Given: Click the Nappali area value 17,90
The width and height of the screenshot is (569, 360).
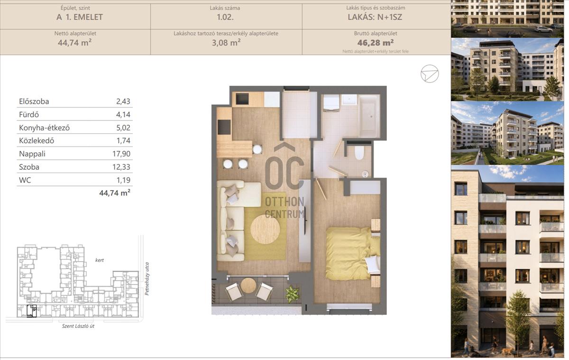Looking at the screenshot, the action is coord(121,154).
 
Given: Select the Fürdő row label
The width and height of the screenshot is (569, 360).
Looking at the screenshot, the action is coord(29,115).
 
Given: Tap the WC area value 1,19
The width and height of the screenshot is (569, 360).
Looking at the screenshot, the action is coord(123,180).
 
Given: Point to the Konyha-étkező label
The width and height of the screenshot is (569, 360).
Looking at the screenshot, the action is coord(44,128).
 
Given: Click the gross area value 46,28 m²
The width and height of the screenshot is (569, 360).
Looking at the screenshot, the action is coord(376,42).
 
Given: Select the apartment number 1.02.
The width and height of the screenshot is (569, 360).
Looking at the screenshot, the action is coord(225,17).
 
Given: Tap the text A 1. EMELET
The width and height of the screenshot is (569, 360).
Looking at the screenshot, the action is coord(80,17).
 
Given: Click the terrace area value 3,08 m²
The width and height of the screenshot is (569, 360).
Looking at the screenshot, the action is coord(226,42).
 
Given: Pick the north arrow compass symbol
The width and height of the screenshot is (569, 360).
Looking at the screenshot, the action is coord(430,74).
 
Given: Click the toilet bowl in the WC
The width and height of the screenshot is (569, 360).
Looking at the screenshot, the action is coord(359,152).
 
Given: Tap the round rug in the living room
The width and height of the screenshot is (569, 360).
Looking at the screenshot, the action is coord(265,230).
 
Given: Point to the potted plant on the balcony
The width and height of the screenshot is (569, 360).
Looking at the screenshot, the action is coord(293,294).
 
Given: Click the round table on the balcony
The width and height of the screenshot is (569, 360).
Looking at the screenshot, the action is coord(248,286).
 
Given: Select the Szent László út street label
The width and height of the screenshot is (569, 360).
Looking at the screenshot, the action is coord(78,326).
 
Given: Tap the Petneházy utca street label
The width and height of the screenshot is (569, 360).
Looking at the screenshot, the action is coord(147,279).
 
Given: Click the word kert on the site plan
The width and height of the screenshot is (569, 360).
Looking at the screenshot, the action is coord(99,260).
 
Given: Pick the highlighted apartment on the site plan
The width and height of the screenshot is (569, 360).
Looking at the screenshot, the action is coord(32,311).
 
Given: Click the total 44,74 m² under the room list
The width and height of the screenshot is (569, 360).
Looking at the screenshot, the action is coord(115,193).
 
